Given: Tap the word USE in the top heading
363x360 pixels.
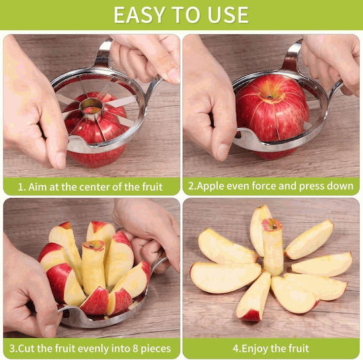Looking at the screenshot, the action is pos(228,15).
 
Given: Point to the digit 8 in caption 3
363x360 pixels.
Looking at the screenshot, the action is pos(135,349).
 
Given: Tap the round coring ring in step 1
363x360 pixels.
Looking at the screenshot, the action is pos(91,107).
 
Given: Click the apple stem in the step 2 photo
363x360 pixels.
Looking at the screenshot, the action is pos(270,96).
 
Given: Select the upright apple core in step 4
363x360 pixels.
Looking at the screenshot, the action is pos(273,246).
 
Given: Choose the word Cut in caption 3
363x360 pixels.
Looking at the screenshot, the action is pos(26,349).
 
